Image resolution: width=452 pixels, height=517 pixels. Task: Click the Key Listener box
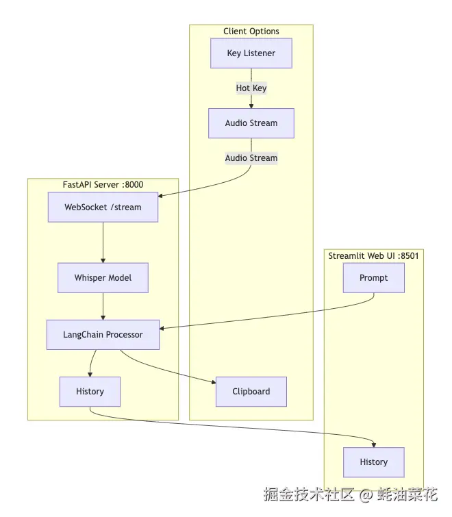(251, 53)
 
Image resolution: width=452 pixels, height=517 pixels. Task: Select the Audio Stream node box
(251, 123)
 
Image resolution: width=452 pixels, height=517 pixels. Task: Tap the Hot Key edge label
(251, 88)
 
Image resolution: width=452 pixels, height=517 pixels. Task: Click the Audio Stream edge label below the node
(251, 158)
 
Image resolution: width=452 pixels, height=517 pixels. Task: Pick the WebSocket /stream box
(103, 207)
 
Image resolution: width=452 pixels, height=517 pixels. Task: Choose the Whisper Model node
(103, 278)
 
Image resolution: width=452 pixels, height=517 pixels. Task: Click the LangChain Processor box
(103, 335)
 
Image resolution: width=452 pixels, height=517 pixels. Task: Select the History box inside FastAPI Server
(90, 392)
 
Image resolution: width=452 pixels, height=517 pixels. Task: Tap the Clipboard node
(251, 392)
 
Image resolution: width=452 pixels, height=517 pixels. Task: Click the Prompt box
(373, 278)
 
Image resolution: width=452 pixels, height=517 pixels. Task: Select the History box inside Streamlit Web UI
(373, 462)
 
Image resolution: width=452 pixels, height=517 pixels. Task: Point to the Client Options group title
(251, 31)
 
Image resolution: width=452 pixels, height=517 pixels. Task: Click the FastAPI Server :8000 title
(103, 184)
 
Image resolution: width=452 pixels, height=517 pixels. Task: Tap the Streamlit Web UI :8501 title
(373, 256)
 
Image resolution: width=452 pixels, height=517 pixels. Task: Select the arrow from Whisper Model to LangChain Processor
(103, 306)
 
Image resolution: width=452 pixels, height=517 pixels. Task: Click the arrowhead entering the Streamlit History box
(374, 444)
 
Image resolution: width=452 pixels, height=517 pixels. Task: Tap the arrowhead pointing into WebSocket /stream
(162, 196)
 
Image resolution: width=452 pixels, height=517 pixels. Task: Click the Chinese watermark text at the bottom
(351, 494)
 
